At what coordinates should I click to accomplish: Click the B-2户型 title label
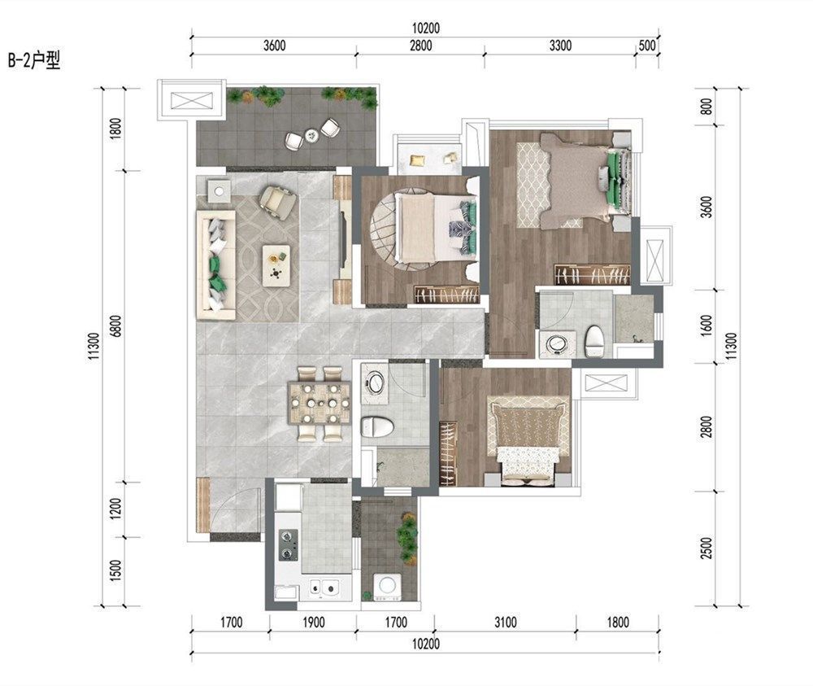coord(34,61)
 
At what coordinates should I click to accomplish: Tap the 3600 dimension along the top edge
coord(274,46)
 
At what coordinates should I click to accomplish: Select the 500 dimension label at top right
coord(647,46)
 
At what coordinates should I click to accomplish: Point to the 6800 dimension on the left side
coord(116,326)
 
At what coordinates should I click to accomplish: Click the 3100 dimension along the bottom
coord(505,622)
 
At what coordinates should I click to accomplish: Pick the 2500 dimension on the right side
coord(706,548)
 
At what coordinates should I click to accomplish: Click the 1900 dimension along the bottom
coord(313,622)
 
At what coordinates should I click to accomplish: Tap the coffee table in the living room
coord(276,265)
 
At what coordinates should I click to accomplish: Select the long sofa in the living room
coord(215,264)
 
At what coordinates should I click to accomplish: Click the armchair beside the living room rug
coord(278,200)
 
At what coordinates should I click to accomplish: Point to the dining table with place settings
coord(320,404)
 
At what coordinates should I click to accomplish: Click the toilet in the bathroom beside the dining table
coord(377,427)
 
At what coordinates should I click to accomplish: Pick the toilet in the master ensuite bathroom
coord(594,341)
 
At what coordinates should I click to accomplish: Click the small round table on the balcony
coord(311,135)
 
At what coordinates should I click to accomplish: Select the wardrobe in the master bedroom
coord(592,274)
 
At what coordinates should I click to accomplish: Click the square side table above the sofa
coord(219,191)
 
